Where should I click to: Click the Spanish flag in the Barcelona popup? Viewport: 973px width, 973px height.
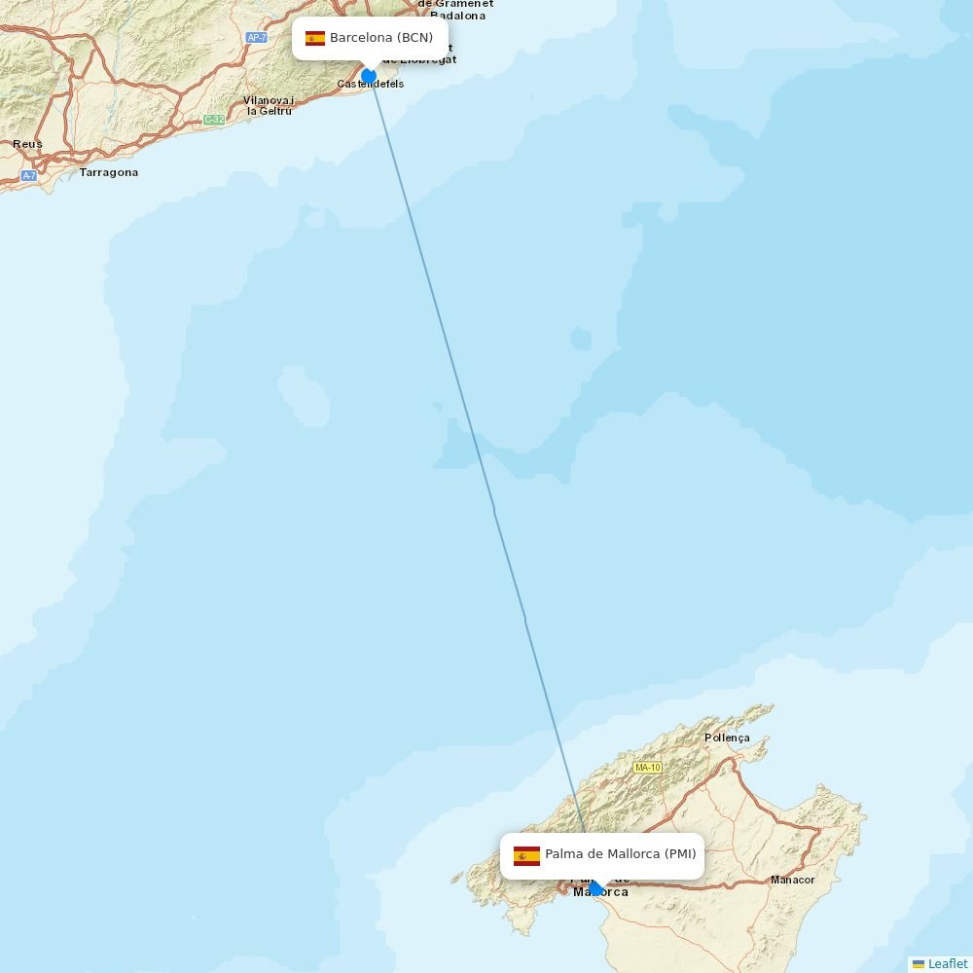(x=315, y=38)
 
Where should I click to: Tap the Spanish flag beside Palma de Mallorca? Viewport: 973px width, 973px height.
(x=526, y=855)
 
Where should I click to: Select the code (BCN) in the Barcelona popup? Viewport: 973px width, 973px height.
(x=414, y=38)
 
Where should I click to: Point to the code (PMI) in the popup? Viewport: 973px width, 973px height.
(x=680, y=854)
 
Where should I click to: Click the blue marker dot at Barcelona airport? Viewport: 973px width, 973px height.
(x=369, y=76)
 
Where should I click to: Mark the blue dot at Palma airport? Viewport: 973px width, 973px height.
(x=595, y=887)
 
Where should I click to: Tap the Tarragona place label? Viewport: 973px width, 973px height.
(x=109, y=172)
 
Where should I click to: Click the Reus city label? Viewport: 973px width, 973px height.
(x=27, y=144)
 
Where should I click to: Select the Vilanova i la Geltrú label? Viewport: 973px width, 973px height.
(x=269, y=105)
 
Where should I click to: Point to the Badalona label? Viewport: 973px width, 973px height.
(x=457, y=16)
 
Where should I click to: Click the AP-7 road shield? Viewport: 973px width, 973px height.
(x=256, y=38)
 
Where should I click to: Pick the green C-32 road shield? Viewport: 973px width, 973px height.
(x=214, y=120)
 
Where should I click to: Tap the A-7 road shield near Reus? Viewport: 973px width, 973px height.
(x=29, y=176)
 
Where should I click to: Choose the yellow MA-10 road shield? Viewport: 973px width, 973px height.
(x=647, y=768)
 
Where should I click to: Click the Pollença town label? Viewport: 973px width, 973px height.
(x=727, y=738)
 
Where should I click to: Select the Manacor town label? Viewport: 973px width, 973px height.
(x=792, y=880)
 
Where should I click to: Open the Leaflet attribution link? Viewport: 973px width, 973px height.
(x=947, y=963)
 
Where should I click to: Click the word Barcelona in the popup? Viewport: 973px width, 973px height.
(x=361, y=38)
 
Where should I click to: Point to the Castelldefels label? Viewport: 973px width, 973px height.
(x=371, y=85)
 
